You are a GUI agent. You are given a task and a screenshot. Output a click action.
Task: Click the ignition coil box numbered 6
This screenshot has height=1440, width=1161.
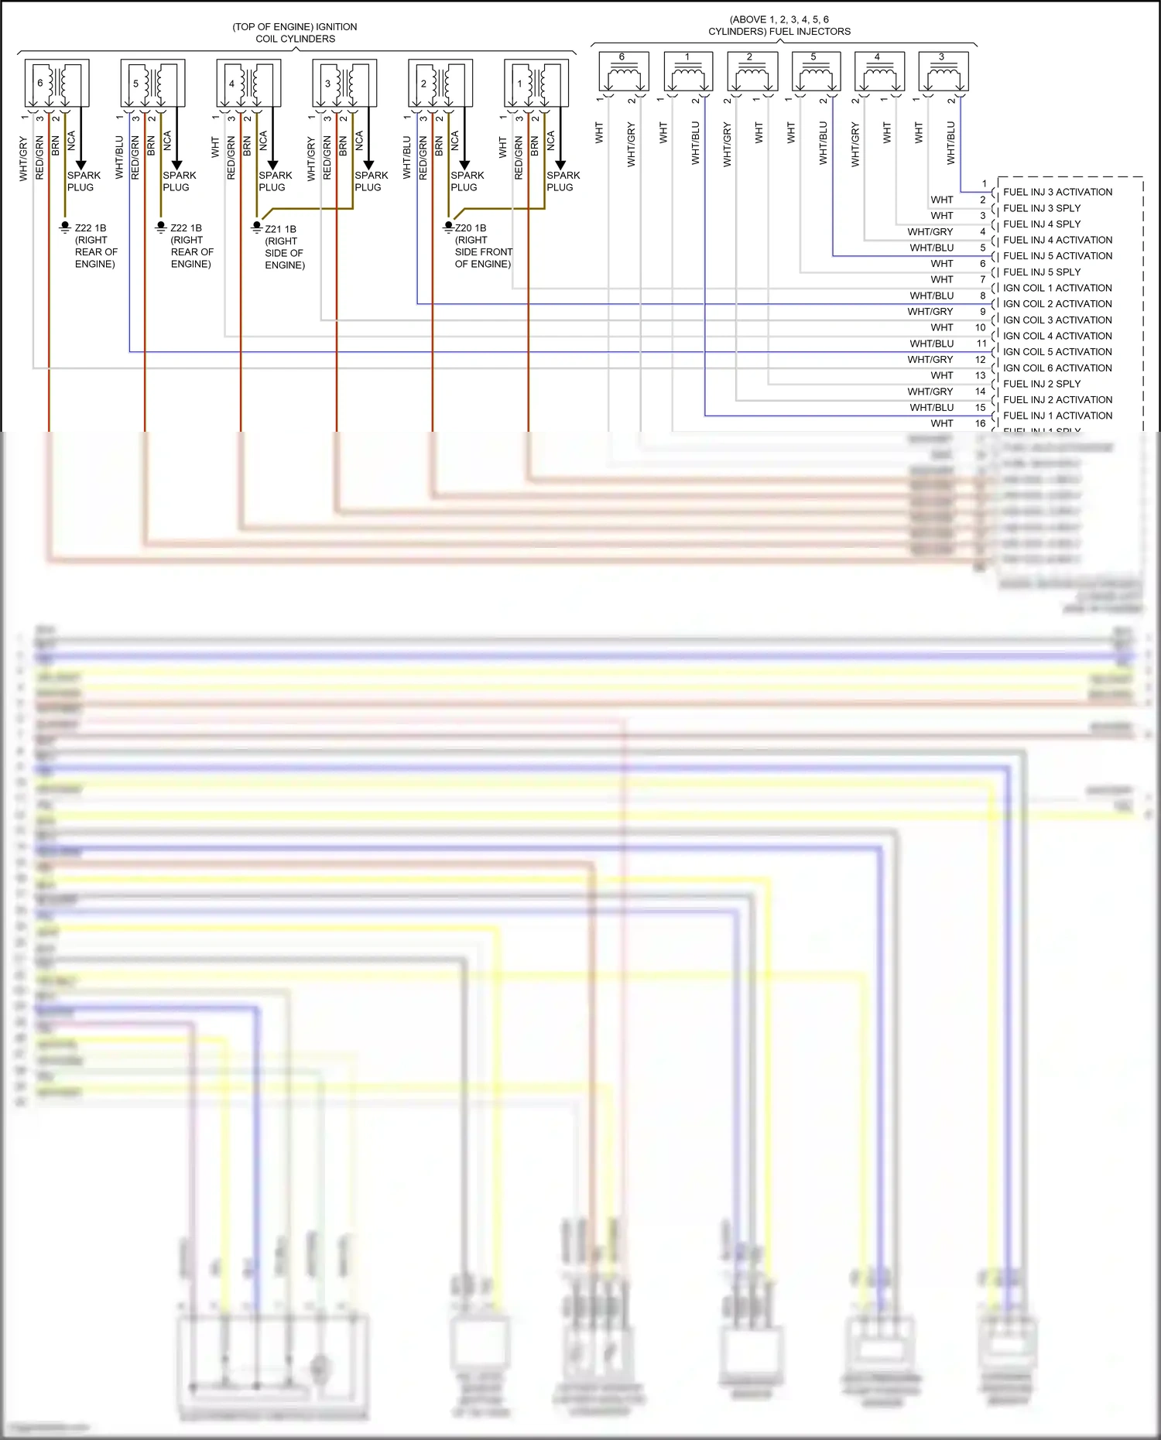(x=57, y=83)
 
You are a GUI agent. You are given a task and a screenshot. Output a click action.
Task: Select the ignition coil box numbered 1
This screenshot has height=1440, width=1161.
(x=536, y=83)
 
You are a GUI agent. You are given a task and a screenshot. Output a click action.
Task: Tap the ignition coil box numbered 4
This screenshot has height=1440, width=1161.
(x=248, y=83)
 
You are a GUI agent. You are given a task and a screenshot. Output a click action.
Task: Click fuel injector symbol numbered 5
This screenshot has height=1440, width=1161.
(x=816, y=72)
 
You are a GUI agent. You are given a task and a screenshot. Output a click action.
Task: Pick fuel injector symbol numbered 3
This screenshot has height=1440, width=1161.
(x=943, y=72)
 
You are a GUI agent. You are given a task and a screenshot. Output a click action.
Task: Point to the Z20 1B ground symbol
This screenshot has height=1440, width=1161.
(x=448, y=227)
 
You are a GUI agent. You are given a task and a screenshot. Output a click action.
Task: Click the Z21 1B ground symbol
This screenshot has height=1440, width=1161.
(x=257, y=228)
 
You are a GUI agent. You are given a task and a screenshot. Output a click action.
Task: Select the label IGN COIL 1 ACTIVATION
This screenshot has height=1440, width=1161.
(x=1057, y=288)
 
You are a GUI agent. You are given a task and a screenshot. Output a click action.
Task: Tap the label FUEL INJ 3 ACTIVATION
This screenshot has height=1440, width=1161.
(x=1057, y=192)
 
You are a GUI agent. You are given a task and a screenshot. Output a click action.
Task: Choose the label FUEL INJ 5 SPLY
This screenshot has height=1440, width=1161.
(x=1042, y=272)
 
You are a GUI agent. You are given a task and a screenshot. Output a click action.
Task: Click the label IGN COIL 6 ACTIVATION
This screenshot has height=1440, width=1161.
(x=1057, y=368)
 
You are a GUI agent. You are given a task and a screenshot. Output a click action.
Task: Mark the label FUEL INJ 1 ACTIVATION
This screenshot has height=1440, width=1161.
(x=1057, y=416)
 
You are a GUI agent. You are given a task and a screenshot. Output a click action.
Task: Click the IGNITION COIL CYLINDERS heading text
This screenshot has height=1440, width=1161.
(x=295, y=32)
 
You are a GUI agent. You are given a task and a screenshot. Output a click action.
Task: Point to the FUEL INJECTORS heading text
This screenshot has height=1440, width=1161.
(x=779, y=26)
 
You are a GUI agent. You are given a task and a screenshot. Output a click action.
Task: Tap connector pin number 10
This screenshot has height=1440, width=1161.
(x=981, y=327)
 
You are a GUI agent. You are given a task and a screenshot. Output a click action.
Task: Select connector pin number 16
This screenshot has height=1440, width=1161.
(x=981, y=423)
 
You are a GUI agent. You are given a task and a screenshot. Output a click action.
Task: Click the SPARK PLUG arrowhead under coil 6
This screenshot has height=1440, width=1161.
(x=80, y=164)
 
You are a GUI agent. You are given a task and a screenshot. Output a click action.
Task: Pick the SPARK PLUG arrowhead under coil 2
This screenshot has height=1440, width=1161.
(x=464, y=164)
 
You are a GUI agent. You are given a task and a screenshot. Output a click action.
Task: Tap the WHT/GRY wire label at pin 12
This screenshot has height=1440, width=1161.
(x=930, y=360)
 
